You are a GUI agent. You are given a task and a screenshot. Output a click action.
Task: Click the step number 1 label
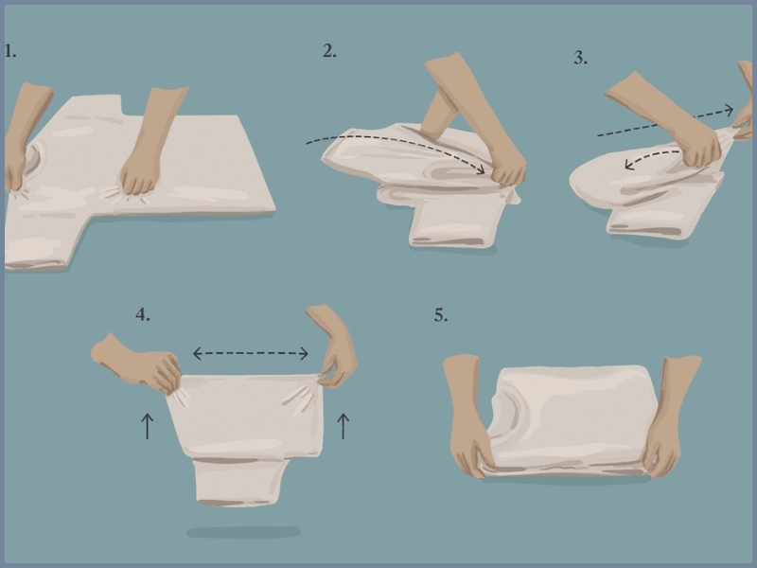(10, 51)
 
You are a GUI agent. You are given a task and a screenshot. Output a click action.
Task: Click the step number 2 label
(329, 51)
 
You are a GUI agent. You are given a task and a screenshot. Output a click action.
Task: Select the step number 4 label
(143, 315)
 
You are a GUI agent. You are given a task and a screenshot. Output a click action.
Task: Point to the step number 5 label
(441, 315)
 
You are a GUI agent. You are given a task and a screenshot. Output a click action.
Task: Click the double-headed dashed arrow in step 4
(251, 354)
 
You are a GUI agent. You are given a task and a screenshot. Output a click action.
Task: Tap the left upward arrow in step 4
(148, 425)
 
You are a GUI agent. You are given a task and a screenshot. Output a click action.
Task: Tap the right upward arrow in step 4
(343, 425)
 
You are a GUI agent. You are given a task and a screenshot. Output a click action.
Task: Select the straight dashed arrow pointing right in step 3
(662, 122)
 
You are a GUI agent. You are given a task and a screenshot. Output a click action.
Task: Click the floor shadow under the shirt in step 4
(243, 532)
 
